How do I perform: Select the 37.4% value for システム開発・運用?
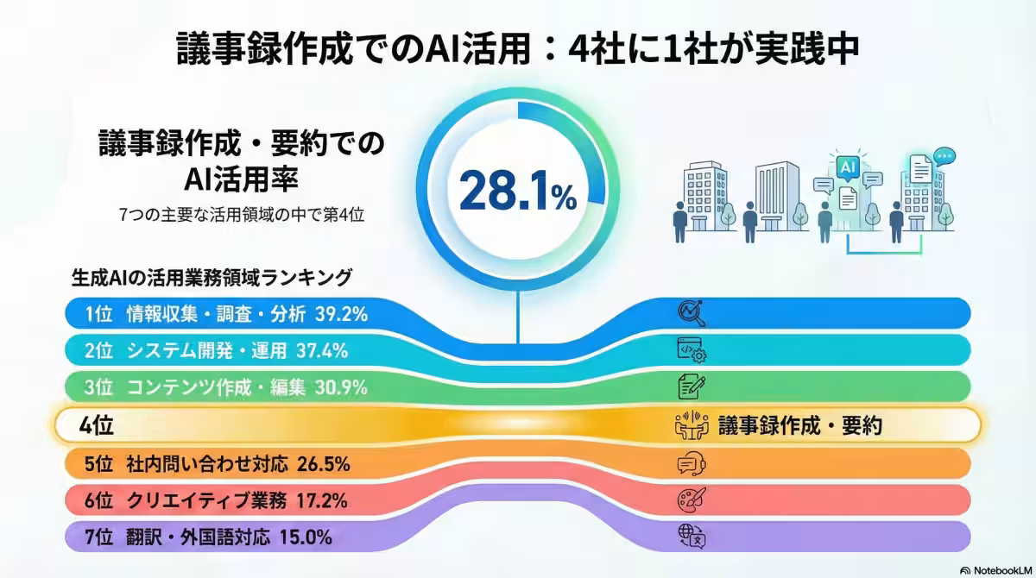[321, 351]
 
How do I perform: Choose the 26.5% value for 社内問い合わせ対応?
[323, 464]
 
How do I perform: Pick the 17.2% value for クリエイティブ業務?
[320, 500]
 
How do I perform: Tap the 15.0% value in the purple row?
[306, 537]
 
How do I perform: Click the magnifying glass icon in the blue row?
[692, 313]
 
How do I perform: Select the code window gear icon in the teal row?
[692, 350]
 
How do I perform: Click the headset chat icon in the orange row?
[692, 463]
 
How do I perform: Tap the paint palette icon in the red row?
[692, 499]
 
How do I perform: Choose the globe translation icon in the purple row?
[692, 537]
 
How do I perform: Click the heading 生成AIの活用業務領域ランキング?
[212, 278]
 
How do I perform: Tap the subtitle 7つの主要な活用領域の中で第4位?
[242, 215]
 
